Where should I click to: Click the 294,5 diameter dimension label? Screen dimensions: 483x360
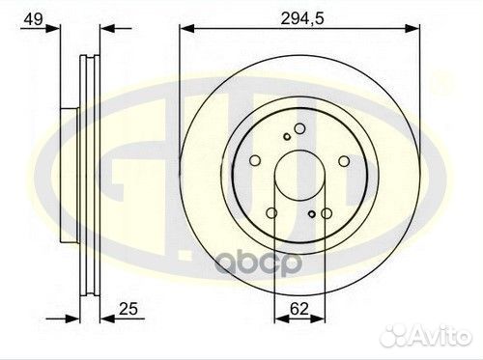point(302,19)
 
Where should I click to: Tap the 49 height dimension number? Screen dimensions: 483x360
point(34,19)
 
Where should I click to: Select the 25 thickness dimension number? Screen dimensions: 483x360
point(128,309)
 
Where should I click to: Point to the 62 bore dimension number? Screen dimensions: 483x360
point(299,309)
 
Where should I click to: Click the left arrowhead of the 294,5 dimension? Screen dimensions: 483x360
point(187,28)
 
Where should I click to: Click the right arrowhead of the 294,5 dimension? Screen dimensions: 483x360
point(412,28)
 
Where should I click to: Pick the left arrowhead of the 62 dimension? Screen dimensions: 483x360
point(282,318)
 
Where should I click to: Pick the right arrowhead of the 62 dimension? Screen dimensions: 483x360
point(318,318)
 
